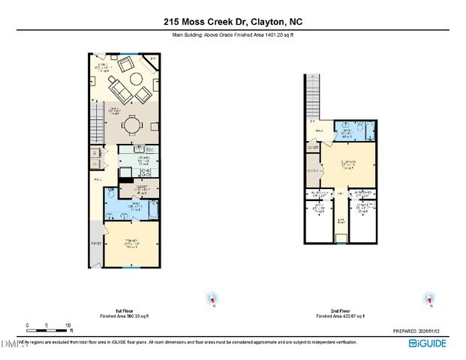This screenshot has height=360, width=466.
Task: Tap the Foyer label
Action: coord(95,243)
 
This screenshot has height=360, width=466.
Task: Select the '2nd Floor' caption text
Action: coord(340,310)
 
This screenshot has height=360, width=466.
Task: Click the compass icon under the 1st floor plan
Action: coord(212,298)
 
